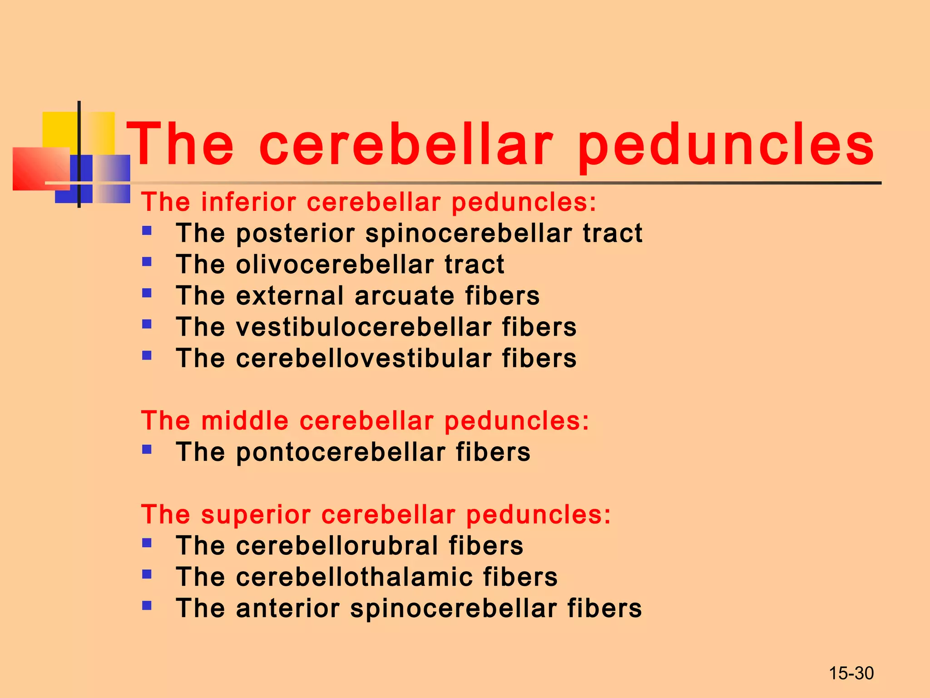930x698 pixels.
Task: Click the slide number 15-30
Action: (x=851, y=673)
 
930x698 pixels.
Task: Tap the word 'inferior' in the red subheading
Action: (x=248, y=202)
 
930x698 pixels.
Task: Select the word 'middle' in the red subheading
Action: (x=245, y=420)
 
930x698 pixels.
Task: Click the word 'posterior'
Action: (x=295, y=234)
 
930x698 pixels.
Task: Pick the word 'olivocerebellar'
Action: (x=335, y=264)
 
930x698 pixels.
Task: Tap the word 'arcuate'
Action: (x=404, y=296)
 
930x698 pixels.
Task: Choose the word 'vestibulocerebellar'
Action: (x=363, y=327)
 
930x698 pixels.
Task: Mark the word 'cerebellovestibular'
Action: (x=363, y=358)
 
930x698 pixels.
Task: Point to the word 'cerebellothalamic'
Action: (x=354, y=577)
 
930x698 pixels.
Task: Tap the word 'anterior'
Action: (x=288, y=608)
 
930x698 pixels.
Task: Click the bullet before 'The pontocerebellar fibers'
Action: (x=147, y=449)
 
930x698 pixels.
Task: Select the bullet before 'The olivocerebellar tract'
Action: (x=147, y=262)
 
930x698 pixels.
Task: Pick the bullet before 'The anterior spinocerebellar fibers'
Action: (x=147, y=605)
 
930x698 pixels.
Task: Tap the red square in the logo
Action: (x=39, y=168)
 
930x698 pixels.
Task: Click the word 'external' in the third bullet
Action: (x=290, y=296)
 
